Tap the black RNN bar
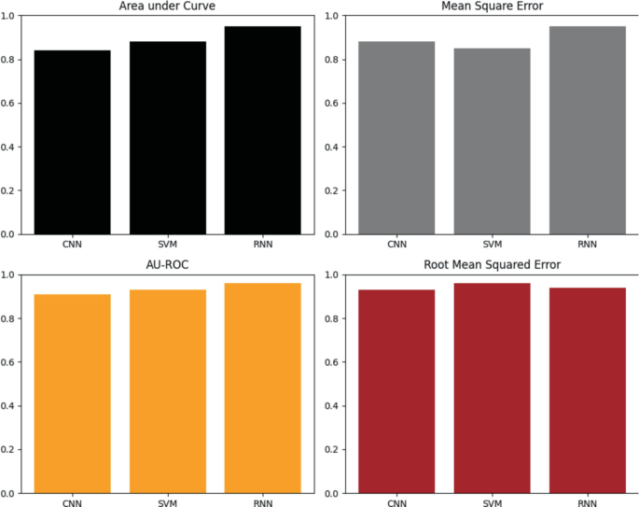(x=263, y=130)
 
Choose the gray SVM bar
(x=492, y=141)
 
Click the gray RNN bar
(x=587, y=130)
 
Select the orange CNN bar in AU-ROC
(x=73, y=393)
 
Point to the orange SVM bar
(x=168, y=391)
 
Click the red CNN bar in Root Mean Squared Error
(x=396, y=391)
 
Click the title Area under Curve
(x=168, y=7)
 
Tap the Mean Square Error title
(x=492, y=7)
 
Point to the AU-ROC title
(x=168, y=265)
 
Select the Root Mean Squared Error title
(x=492, y=265)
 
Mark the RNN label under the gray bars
(x=587, y=245)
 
